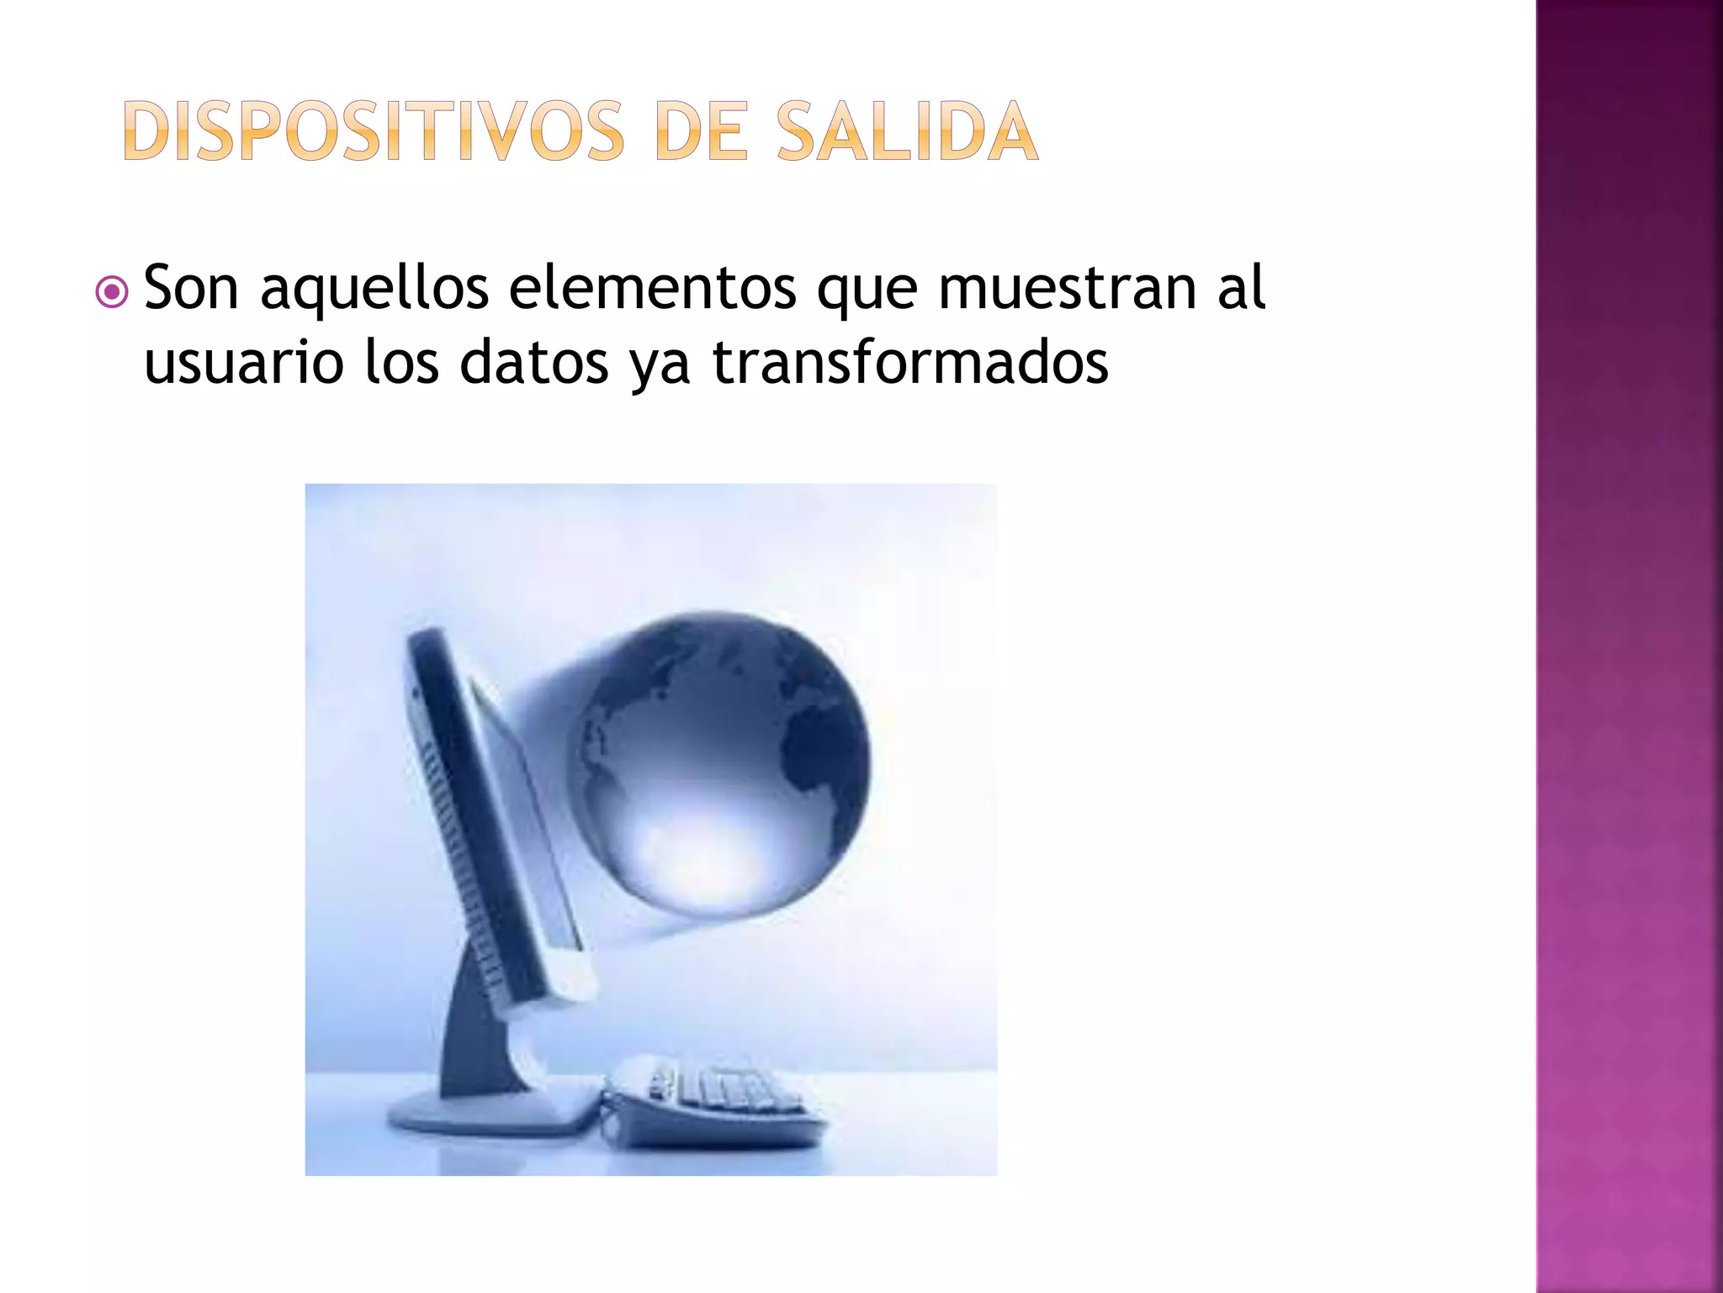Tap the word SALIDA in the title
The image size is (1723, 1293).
pyautogui.click(x=907, y=131)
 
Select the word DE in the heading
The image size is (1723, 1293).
pyautogui.click(x=700, y=131)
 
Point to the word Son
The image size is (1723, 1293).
pyautogui.click(x=191, y=288)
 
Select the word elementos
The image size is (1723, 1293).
pyautogui.click(x=653, y=288)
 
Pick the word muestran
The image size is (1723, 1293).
pyautogui.click(x=1067, y=288)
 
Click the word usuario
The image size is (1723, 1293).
pyautogui.click(x=244, y=363)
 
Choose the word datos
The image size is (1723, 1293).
pyautogui.click(x=533, y=363)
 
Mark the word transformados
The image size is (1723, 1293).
pyautogui.click(x=910, y=363)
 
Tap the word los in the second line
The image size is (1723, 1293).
pyautogui.click(x=401, y=363)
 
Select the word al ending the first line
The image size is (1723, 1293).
pyautogui.click(x=1242, y=288)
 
